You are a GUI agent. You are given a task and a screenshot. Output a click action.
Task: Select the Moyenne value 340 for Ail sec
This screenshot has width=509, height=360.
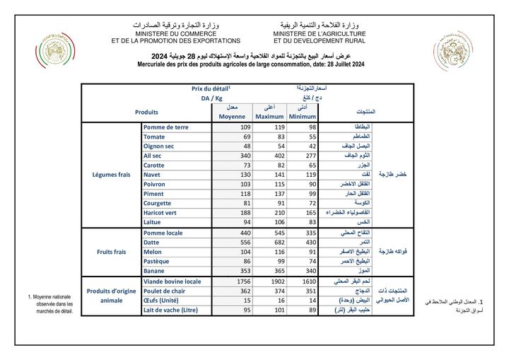(238, 154)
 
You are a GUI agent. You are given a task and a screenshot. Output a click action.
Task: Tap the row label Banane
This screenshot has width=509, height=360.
(154, 269)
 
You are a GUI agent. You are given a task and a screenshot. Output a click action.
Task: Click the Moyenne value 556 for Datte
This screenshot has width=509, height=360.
(238, 242)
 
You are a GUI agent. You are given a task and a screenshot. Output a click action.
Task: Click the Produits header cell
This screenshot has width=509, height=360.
(146, 112)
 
